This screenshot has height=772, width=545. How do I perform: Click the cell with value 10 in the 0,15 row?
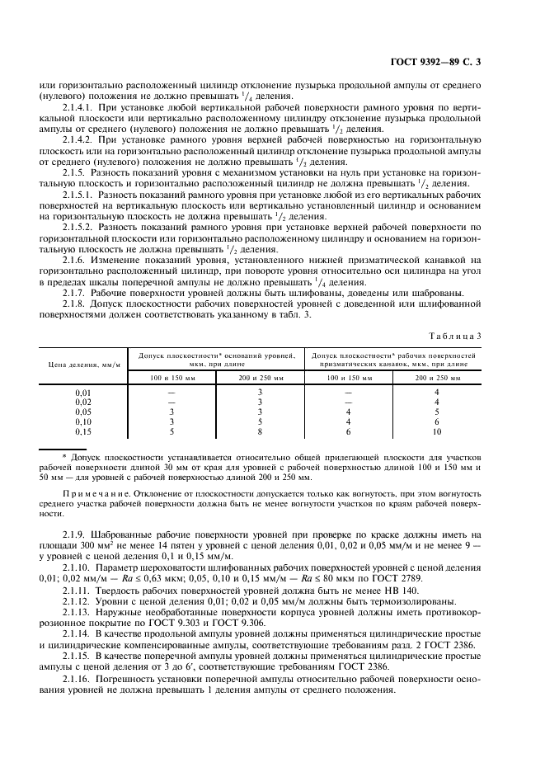tap(437, 431)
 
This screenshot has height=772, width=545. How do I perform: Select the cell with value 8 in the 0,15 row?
tap(260, 431)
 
